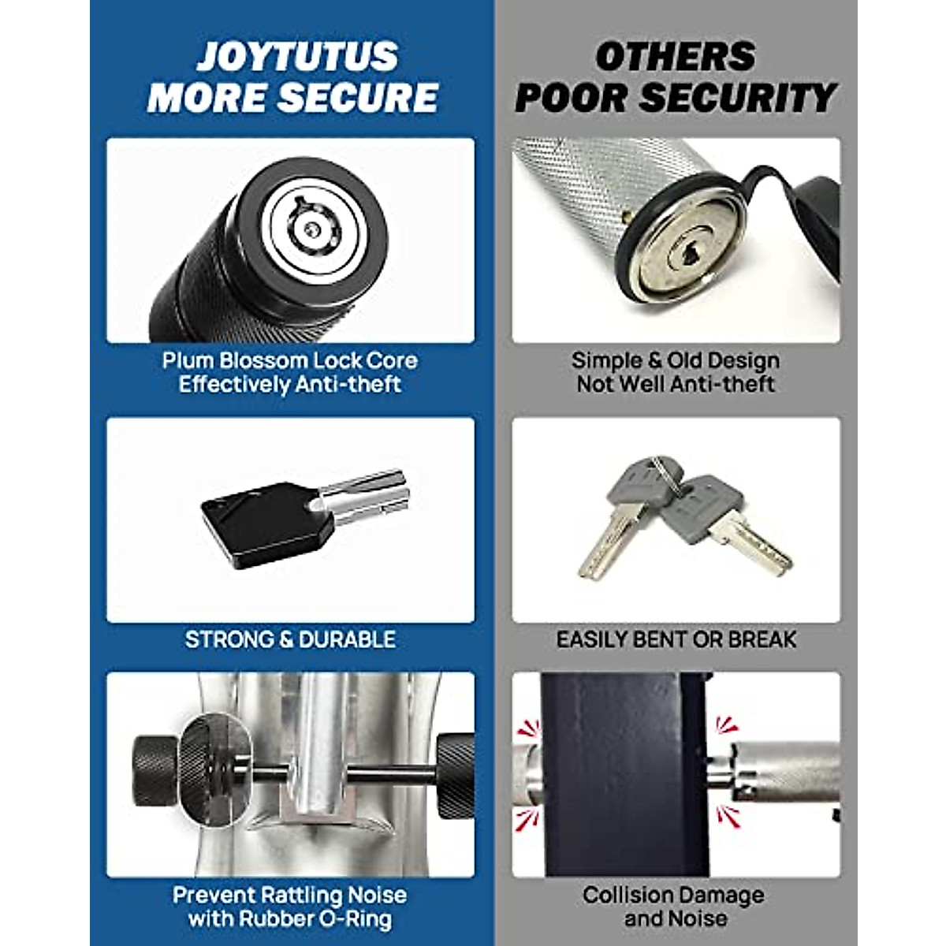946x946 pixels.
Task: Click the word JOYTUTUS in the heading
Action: [x=297, y=57]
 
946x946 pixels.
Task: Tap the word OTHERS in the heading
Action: [x=675, y=57]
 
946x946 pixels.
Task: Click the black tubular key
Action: [x=303, y=511]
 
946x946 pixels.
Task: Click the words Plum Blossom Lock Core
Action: [x=290, y=361]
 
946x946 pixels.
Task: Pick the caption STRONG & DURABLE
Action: [x=290, y=639]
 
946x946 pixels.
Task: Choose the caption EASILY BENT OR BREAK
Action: [x=676, y=639]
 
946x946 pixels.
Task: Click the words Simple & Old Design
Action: [x=676, y=361]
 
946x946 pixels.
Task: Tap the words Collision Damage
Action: [x=673, y=896]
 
